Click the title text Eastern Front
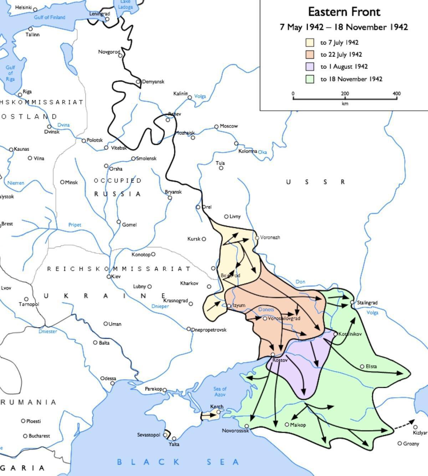click(x=344, y=12)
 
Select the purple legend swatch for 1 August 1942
click(x=310, y=66)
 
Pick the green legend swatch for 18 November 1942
click(x=310, y=79)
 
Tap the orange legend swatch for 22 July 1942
click(x=310, y=54)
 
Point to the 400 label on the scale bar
click(x=396, y=93)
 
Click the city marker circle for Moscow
click(x=216, y=127)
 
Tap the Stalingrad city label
click(x=367, y=303)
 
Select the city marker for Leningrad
click(x=107, y=19)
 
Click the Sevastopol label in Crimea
click(x=149, y=435)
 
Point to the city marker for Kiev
click(x=109, y=277)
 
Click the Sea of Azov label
click(x=220, y=391)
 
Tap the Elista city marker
click(x=362, y=366)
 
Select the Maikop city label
click(x=298, y=425)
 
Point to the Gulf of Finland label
click(x=50, y=17)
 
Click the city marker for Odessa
click(x=112, y=383)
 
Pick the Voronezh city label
click(x=270, y=237)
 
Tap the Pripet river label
click(x=75, y=225)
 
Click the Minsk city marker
click(x=62, y=182)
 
